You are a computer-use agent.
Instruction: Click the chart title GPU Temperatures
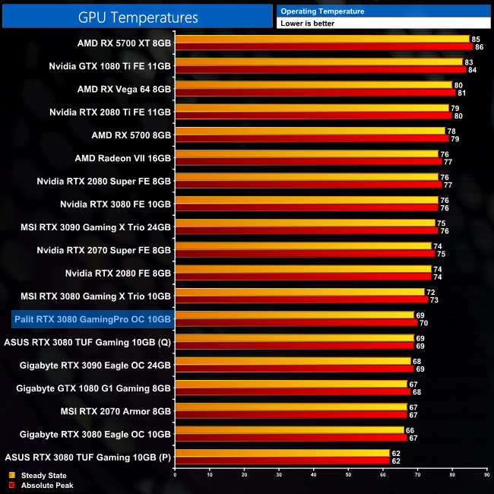tap(138, 17)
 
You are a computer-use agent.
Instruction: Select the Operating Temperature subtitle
tap(322, 11)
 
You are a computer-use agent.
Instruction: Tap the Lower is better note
tap(307, 24)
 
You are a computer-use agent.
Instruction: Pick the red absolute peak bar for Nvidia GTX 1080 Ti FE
tap(320, 70)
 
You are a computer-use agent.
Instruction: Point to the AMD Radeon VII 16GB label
tap(123, 158)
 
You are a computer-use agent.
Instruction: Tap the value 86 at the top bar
tap(478, 47)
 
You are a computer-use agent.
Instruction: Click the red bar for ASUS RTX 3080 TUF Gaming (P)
tap(282, 461)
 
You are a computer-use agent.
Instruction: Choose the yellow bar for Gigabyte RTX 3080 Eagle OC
tap(290, 429)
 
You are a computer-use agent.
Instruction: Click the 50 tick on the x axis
tap(348, 473)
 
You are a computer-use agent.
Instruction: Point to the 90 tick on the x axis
tap(486, 473)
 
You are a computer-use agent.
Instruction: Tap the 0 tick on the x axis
tap(176, 473)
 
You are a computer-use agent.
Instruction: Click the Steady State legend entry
tap(37, 475)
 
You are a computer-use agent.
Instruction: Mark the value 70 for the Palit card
tap(423, 323)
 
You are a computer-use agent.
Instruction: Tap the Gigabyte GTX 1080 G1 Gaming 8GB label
tap(93, 388)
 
